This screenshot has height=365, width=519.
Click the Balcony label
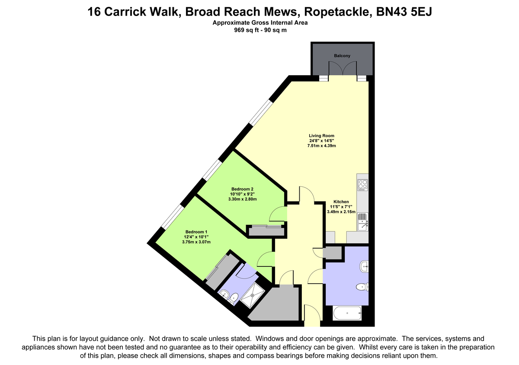[342, 56]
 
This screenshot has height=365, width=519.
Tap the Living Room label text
[321, 135]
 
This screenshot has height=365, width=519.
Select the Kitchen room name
[341, 202]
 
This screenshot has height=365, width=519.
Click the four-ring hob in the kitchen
[362, 185]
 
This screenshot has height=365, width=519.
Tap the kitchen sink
[362, 221]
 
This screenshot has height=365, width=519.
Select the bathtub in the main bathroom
[347, 313]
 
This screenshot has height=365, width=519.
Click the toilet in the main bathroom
[362, 287]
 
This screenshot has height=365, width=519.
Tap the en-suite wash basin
[224, 294]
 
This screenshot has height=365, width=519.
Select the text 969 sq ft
[245, 30]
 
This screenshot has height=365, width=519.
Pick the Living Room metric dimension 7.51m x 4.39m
[321, 146]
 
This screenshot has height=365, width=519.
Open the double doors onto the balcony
[343, 69]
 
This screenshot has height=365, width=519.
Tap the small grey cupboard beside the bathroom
[333, 253]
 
